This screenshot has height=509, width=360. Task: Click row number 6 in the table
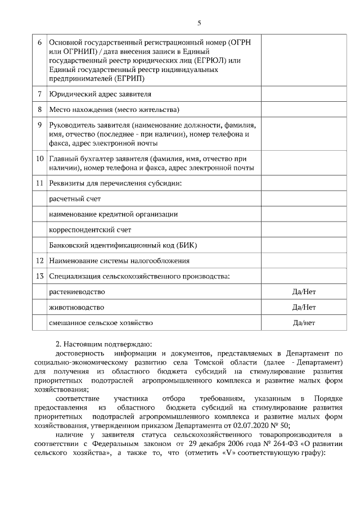coord(39,43)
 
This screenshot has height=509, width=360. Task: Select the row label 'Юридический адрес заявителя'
coord(100,94)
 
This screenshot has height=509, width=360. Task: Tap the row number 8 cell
coord(39,109)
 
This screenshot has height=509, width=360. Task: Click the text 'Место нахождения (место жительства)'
coord(114,109)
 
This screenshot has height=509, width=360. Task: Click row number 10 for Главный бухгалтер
coord(39,159)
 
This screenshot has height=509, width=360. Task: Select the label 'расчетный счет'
coord(75,199)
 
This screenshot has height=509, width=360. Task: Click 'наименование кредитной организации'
coord(114,214)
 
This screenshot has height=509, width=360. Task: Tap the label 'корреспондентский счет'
coord(90,230)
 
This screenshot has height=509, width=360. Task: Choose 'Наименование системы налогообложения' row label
coord(119,261)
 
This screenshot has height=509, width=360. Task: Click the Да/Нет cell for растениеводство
coord(304,292)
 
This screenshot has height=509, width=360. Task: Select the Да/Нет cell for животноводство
coord(304,308)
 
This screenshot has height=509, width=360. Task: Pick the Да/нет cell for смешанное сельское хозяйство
coord(304,323)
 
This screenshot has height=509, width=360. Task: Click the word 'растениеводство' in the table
coord(77,292)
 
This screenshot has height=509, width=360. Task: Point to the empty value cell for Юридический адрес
coord(304,94)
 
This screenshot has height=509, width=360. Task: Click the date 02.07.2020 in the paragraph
coord(255,426)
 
